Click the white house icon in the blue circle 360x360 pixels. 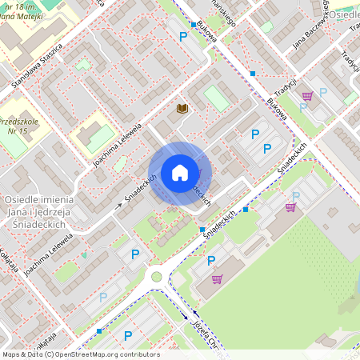180,173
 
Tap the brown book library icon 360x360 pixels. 182,108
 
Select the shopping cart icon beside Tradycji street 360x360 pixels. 307,96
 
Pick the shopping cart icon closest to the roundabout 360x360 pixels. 217,279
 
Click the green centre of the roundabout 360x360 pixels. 157,277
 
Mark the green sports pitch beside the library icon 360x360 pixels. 215,98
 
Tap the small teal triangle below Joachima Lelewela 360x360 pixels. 84,255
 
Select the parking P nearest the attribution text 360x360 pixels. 127,335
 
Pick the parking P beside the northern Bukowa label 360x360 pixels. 184,36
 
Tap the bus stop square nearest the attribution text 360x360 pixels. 99,330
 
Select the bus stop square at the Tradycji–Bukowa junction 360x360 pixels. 253,73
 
